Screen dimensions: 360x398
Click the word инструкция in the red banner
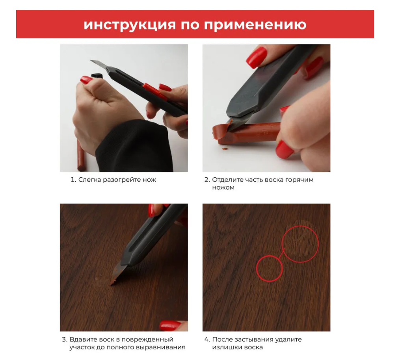[x=130, y=24]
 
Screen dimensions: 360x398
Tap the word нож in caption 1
[x=149, y=180]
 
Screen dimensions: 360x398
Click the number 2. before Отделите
[x=207, y=180]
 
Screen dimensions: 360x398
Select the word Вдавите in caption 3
[x=81, y=339]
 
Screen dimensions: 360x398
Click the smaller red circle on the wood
[x=270, y=268]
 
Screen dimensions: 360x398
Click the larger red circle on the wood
[x=300, y=244]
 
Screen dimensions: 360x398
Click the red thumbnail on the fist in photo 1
[x=86, y=80]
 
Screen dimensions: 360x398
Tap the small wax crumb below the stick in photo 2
[x=224, y=149]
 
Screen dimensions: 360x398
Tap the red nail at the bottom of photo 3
[x=170, y=325]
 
